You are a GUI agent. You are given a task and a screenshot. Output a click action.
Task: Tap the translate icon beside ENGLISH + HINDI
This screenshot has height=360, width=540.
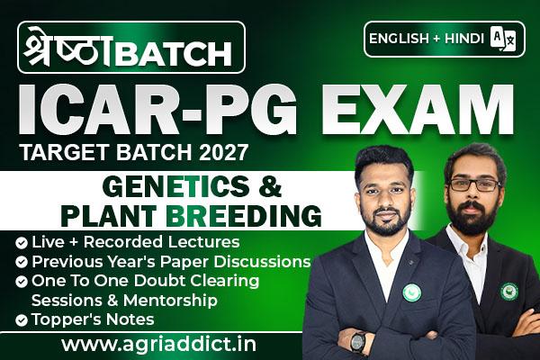pos(503,39)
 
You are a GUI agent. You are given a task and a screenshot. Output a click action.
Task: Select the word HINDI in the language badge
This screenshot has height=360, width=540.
pos(464,39)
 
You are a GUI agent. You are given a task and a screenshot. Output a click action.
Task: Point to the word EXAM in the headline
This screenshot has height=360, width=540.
pos(418,109)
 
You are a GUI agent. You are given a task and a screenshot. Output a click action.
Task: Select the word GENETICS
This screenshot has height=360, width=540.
pos(175,186)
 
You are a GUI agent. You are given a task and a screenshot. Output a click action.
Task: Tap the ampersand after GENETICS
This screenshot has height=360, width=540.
pos(270,186)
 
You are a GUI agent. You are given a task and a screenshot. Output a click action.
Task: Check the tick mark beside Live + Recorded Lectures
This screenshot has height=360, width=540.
pos(22,242)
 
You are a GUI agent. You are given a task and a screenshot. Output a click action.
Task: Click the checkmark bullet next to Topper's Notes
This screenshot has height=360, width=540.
pos(22,320)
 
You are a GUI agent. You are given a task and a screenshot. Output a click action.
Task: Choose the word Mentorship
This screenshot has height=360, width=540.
pos(170,301)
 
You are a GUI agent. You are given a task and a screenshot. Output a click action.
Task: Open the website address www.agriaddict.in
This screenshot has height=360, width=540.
pos(158,344)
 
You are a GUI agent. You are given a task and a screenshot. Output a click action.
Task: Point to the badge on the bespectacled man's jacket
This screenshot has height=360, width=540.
pos(509,291)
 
